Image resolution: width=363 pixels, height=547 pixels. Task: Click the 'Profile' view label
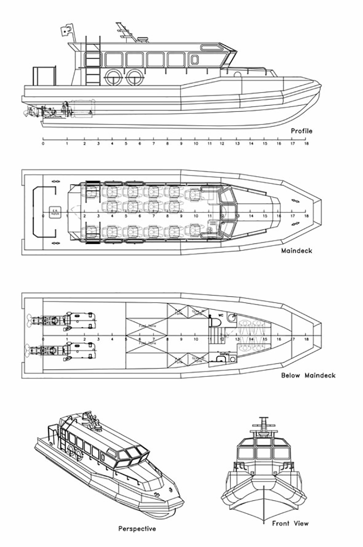[x=302, y=131]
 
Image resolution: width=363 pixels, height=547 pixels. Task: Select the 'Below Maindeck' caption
[x=308, y=375]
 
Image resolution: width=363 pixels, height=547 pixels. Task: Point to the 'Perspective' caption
[x=137, y=529]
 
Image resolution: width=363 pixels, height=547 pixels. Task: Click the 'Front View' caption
[x=290, y=523]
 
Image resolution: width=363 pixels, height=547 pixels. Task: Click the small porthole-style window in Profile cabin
[x=195, y=59]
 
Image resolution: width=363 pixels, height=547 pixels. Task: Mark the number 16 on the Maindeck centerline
[x=279, y=216]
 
